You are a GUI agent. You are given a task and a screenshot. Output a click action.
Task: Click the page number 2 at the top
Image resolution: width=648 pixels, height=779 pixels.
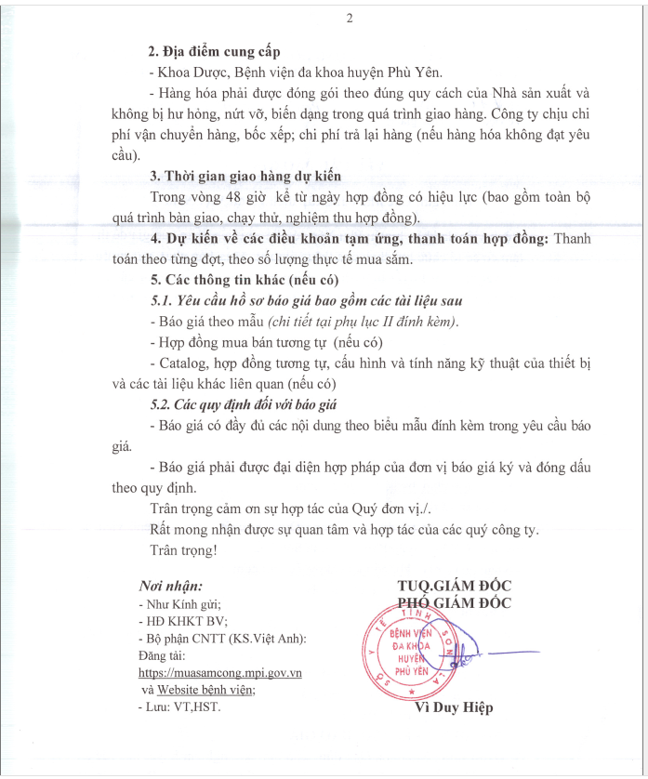pos(350,20)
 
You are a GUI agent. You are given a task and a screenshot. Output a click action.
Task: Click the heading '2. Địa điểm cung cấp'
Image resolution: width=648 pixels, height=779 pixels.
pos(214,51)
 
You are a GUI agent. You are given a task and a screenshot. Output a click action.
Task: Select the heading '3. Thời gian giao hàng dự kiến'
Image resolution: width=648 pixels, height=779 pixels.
pos(245,177)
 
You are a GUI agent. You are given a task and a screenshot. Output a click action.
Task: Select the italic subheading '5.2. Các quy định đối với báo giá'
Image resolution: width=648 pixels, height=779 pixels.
pos(243,404)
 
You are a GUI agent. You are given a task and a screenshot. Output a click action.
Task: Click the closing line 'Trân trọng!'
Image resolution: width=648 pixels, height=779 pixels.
pos(183,549)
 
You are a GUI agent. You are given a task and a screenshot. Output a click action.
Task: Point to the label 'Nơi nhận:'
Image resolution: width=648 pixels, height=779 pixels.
pos(170,586)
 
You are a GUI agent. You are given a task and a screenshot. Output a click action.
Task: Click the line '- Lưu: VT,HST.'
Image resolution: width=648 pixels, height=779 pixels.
pos(179,706)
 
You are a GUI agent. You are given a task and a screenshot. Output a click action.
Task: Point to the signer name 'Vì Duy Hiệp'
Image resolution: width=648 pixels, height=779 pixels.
pos(454,707)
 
